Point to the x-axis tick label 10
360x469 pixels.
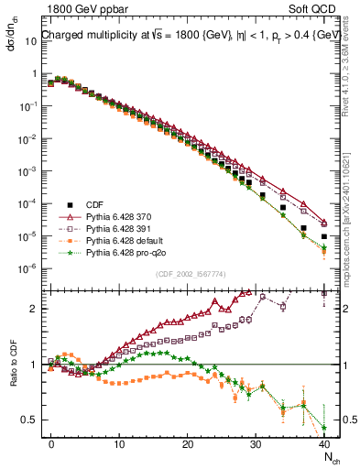(x=119, y=443)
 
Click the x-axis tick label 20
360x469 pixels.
(x=188, y=443)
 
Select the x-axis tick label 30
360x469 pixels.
(x=256, y=443)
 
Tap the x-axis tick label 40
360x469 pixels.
(x=324, y=443)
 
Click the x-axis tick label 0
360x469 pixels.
(x=51, y=443)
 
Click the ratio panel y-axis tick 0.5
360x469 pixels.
(x=29, y=420)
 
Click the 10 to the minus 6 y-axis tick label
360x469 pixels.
(x=27, y=268)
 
